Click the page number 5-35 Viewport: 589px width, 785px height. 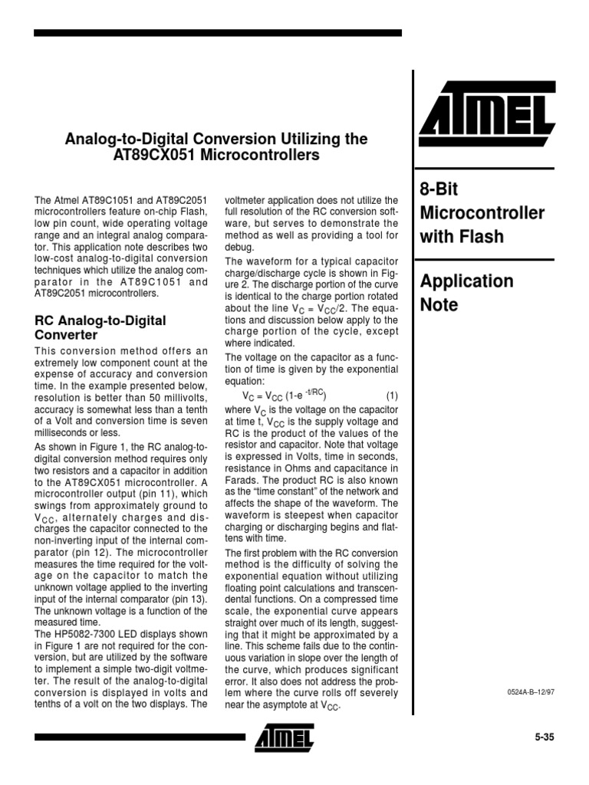pos(544,737)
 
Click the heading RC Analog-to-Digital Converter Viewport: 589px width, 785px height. pos(100,327)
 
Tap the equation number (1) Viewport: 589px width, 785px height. pos(392,396)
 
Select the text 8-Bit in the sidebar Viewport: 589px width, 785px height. pos(439,188)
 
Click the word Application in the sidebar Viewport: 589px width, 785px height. pos(466,281)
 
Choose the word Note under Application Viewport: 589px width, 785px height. pos(439,305)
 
